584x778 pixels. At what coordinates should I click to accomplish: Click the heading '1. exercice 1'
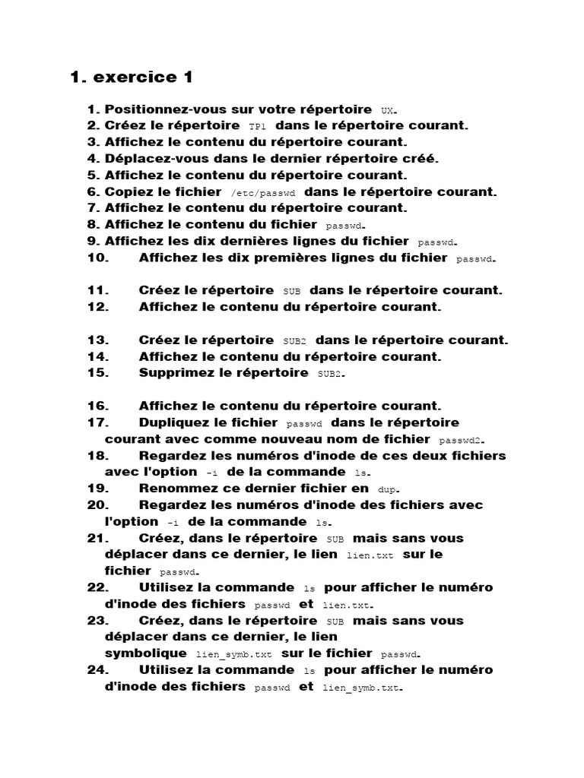tap(132, 77)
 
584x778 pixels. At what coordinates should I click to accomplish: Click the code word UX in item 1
tap(388, 111)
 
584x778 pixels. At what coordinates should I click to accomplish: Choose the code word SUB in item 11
tap(292, 292)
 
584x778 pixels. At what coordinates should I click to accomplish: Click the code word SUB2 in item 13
tap(294, 341)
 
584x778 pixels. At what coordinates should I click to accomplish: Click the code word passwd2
tap(461, 441)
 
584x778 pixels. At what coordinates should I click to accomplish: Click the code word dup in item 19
tap(388, 490)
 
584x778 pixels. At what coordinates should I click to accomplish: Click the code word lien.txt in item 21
tap(370, 556)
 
